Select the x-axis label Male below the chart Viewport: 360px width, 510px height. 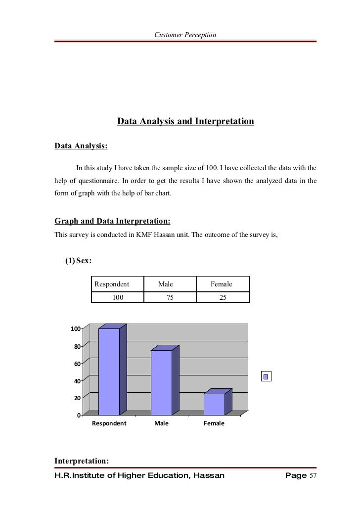click(x=161, y=424)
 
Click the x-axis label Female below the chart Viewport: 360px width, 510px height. click(x=214, y=424)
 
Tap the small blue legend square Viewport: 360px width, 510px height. click(x=266, y=377)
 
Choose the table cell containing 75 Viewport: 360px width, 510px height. click(x=170, y=297)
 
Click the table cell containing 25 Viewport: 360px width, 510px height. click(x=223, y=297)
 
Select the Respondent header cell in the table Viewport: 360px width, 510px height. click(x=112, y=284)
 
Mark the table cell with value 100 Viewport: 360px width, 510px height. click(x=118, y=297)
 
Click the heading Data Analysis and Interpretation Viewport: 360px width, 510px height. click(x=185, y=121)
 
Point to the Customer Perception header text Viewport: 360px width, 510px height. click(x=185, y=34)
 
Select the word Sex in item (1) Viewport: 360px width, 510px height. click(x=83, y=261)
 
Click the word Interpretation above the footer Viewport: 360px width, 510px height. click(x=81, y=461)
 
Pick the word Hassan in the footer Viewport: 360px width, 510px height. click(x=206, y=476)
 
